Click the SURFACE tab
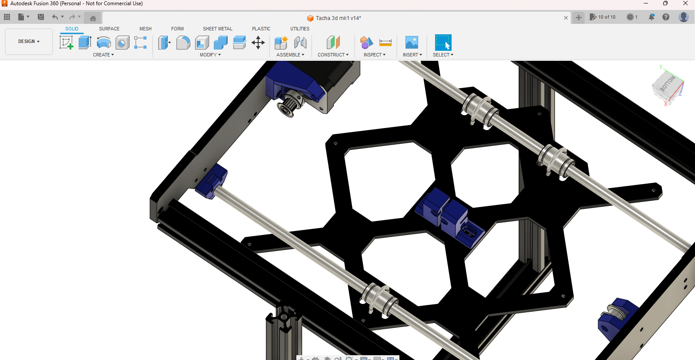(109, 29)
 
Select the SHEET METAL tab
(217, 29)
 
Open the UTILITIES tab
(299, 29)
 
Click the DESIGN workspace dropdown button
(29, 42)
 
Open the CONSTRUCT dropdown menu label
(333, 55)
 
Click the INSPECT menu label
(374, 55)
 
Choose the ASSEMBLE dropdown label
(290, 55)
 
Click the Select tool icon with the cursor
(443, 43)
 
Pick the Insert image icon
(411, 43)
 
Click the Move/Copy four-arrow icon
(258, 43)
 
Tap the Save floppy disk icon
(41, 17)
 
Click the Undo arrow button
(55, 17)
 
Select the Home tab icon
(93, 18)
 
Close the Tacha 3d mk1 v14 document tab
(565, 18)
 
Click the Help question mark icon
(665, 17)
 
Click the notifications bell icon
(651, 17)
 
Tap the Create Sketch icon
(66, 43)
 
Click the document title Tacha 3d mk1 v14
(338, 18)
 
